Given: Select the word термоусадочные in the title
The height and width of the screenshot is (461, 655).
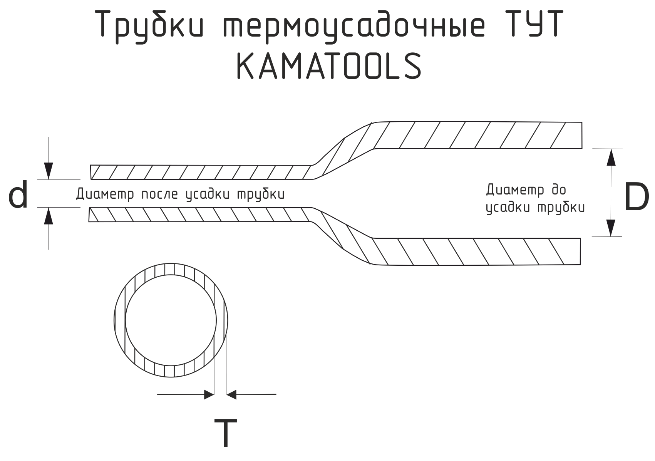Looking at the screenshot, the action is click(x=354, y=27).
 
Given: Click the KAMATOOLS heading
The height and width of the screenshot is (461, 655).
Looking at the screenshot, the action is click(x=329, y=66).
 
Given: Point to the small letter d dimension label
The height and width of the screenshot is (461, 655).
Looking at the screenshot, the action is click(x=18, y=194).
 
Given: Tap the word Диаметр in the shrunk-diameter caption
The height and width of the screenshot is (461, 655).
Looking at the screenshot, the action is click(x=105, y=194).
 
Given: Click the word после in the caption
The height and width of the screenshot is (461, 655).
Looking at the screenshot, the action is click(x=160, y=194).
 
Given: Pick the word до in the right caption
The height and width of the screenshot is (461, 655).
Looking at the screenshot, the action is click(x=559, y=190).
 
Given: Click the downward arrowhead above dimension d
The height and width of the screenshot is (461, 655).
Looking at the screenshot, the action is click(x=49, y=171).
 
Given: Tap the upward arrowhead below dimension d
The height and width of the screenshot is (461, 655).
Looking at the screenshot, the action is click(x=49, y=216).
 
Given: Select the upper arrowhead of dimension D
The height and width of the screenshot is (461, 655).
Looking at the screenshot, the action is click(x=611, y=158).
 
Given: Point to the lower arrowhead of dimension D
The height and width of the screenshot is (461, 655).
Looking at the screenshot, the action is click(x=611, y=228).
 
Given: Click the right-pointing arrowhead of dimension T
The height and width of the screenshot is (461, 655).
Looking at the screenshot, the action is click(x=209, y=395).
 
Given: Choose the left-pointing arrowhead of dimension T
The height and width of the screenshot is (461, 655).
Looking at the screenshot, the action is click(x=231, y=395).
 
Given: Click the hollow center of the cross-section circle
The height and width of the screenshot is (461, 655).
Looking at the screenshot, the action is click(x=171, y=320).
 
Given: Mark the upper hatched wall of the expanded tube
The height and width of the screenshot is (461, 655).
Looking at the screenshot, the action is click(x=477, y=135).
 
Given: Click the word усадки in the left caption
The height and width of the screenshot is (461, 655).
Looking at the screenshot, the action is click(x=208, y=194).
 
